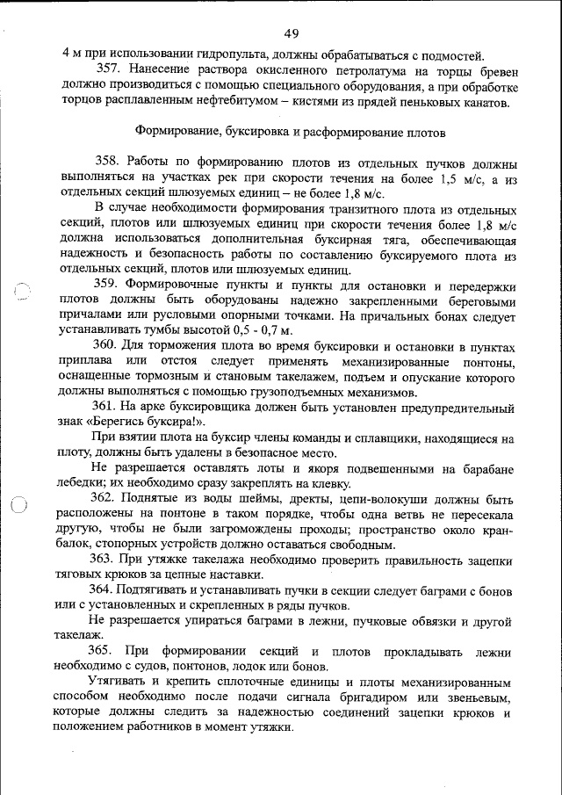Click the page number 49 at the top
click(x=292, y=33)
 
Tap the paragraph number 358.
click(x=107, y=163)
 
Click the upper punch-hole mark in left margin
click(x=24, y=293)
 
